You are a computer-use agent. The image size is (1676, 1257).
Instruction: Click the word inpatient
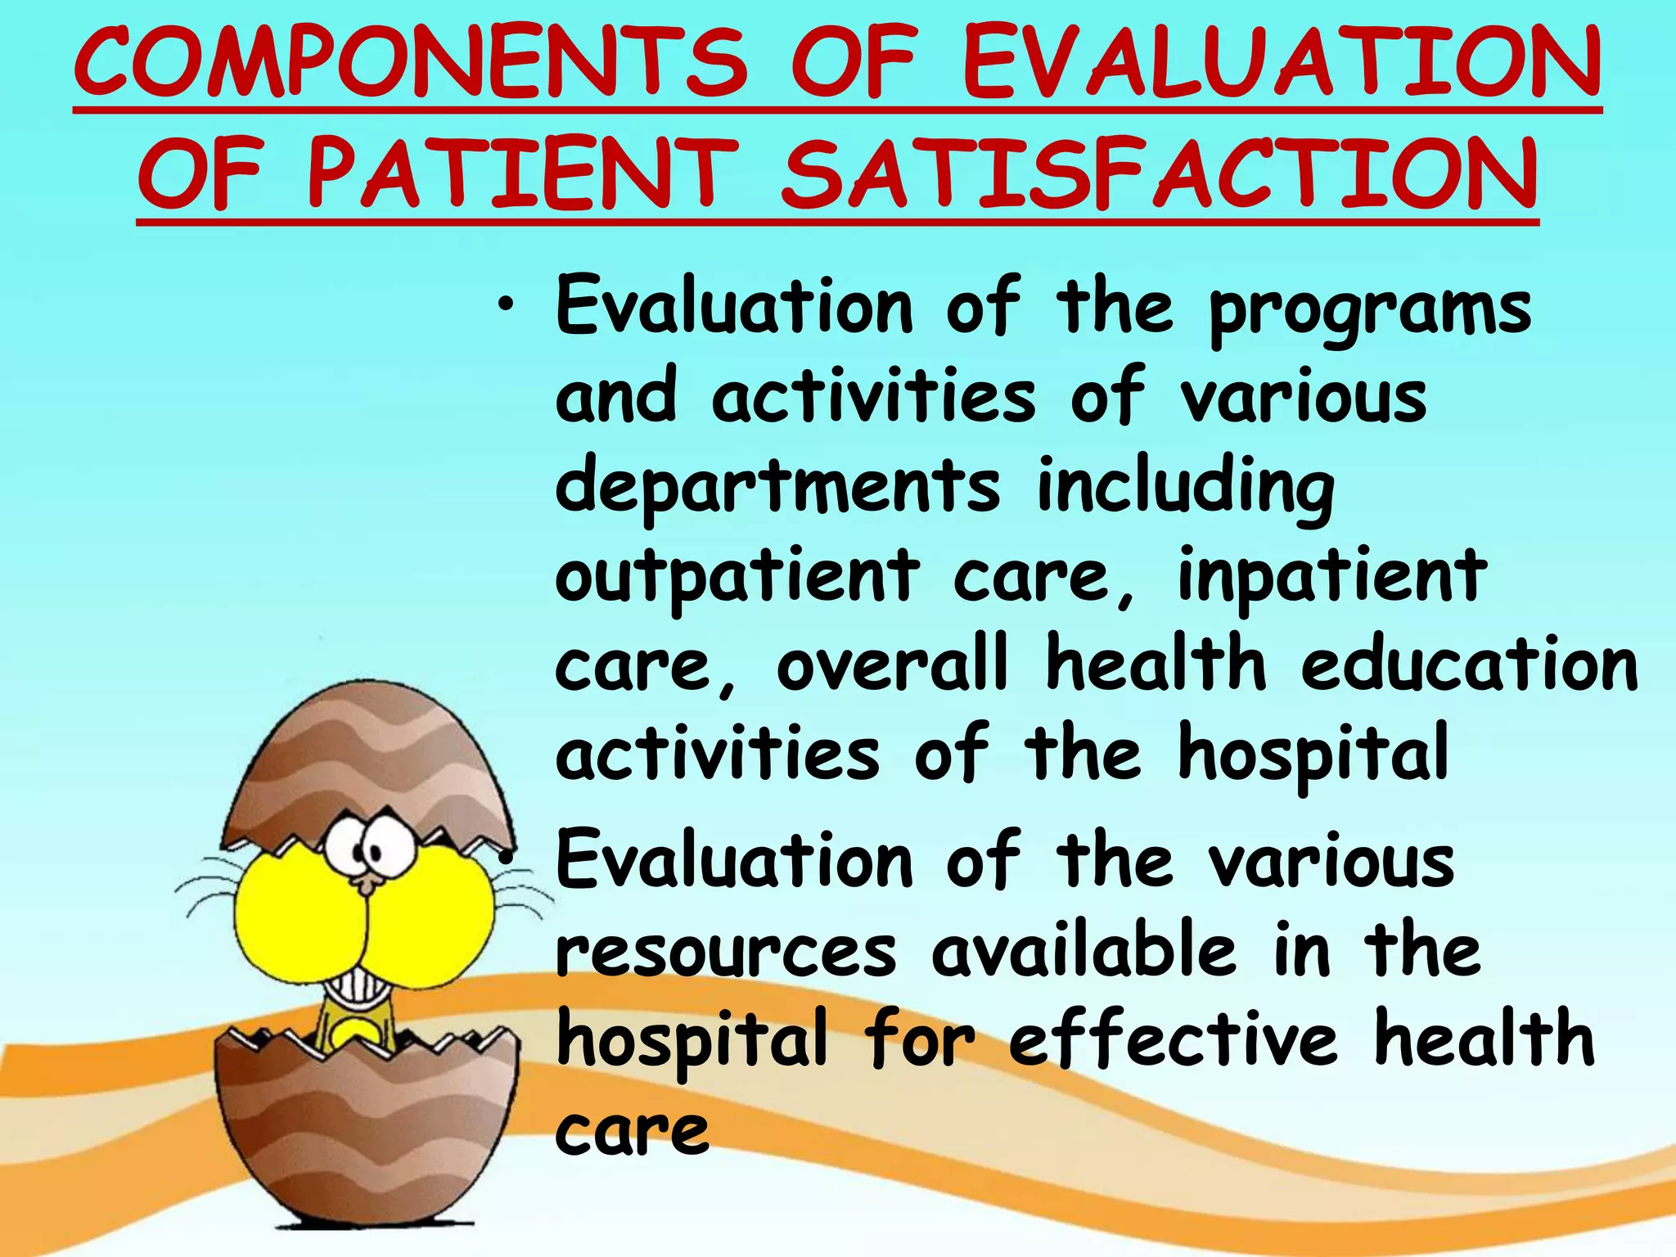tap(1331, 575)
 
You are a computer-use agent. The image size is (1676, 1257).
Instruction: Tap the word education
tap(1470, 665)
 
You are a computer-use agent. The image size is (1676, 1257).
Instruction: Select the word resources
tap(726, 953)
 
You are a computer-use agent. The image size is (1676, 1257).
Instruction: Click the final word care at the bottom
tap(632, 1134)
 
